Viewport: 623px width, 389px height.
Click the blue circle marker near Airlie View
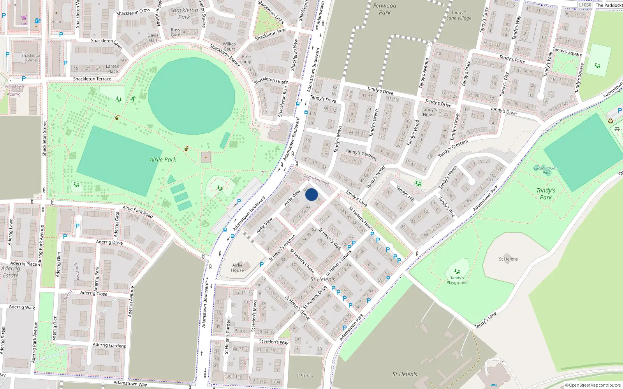point(311,194)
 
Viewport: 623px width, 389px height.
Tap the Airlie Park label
point(163,159)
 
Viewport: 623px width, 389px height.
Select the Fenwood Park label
point(385,9)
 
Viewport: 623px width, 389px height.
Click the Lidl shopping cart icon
point(24,18)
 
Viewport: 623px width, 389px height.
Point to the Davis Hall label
point(153,38)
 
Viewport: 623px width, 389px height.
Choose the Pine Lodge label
point(246,59)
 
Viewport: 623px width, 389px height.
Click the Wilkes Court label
point(229,46)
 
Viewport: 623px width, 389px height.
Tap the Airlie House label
point(237,268)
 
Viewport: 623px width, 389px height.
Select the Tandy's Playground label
point(457,280)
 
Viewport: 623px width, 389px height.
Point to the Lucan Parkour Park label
point(546,170)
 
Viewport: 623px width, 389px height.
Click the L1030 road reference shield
point(585,5)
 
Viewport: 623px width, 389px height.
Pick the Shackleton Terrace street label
point(92,79)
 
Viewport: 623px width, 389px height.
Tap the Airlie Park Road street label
point(138,212)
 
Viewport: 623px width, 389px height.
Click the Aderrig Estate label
point(11,272)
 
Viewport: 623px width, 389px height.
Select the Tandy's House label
point(429,112)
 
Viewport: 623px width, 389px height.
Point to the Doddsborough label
point(316,179)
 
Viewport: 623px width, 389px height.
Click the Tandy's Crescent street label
point(453,149)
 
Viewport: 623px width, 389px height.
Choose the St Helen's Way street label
point(274,342)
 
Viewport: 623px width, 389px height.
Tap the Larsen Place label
point(113,69)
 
